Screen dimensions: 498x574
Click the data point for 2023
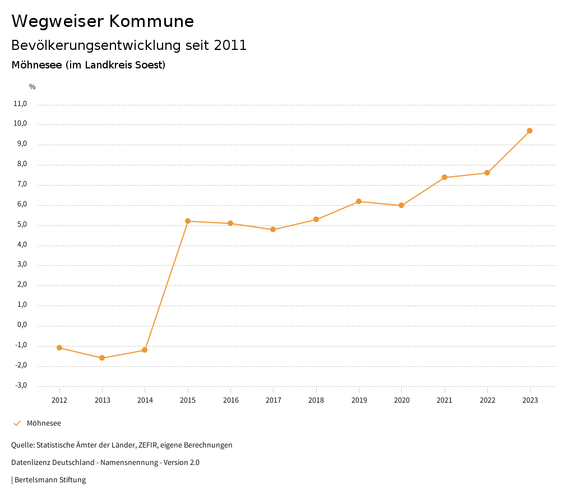pos(530,131)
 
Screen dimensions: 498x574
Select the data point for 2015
pos(188,221)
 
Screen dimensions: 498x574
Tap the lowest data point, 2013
pos(102,358)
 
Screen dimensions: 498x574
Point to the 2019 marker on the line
pos(359,201)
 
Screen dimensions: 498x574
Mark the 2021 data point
pos(445,177)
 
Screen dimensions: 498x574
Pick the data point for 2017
pos(273,229)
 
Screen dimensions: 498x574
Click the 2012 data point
pos(59,348)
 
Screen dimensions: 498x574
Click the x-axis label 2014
pos(145,400)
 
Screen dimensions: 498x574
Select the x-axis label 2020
pos(401,400)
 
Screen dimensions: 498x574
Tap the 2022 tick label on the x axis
pos(487,400)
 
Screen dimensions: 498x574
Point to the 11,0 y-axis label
pos(20,104)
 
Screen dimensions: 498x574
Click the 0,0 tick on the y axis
pos(22,325)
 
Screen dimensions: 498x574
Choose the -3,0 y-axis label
pos(21,385)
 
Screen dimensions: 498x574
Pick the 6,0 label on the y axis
pos(22,205)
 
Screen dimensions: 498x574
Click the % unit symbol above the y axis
pos(32,87)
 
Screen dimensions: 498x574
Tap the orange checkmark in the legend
pos(17,423)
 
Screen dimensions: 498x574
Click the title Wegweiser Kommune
pos(103,21)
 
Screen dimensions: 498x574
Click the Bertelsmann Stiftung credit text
pos(50,480)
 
